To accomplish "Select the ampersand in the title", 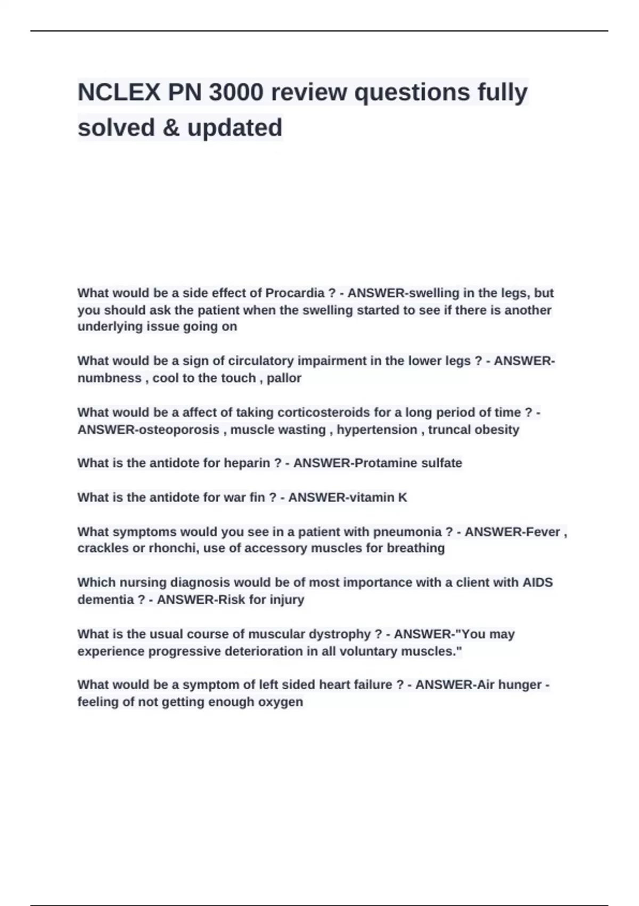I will pyautogui.click(x=171, y=128).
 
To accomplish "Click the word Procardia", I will pyautogui.click(x=295, y=293).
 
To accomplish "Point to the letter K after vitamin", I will pyautogui.click(x=403, y=497).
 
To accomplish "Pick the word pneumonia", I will pyautogui.click(x=407, y=532).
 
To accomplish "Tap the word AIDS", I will pyautogui.click(x=537, y=583).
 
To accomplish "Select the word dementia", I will pyautogui.click(x=105, y=600).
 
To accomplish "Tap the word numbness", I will pyautogui.click(x=109, y=378).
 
